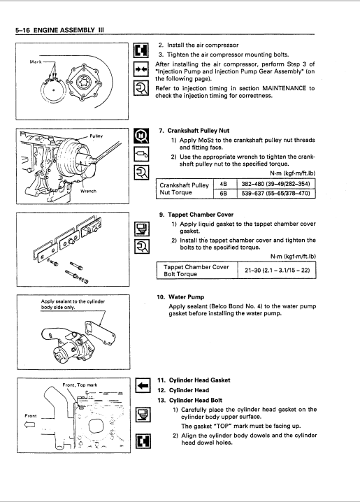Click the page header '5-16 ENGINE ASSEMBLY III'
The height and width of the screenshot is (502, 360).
59,30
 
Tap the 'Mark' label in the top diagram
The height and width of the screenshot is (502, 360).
36,62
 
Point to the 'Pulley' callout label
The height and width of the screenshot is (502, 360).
96,136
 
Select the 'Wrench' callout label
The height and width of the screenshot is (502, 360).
88,191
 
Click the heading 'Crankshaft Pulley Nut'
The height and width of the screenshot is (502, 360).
199,131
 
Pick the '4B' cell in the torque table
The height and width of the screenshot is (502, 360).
224,184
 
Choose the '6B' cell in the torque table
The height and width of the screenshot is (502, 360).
224,194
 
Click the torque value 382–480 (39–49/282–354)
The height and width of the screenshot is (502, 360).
276,184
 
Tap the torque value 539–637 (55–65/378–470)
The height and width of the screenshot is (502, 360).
276,194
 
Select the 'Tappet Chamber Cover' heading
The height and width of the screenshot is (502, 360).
201,215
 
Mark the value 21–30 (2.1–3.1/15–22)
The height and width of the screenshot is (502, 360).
277,271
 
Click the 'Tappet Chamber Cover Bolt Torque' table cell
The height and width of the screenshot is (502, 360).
196,271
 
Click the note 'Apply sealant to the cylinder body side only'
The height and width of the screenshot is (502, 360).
73,304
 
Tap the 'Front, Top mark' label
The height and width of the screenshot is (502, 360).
80,385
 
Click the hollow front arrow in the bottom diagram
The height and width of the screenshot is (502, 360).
30,424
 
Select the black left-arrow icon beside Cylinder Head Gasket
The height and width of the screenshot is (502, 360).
143,385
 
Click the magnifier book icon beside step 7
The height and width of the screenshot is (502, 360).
141,136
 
